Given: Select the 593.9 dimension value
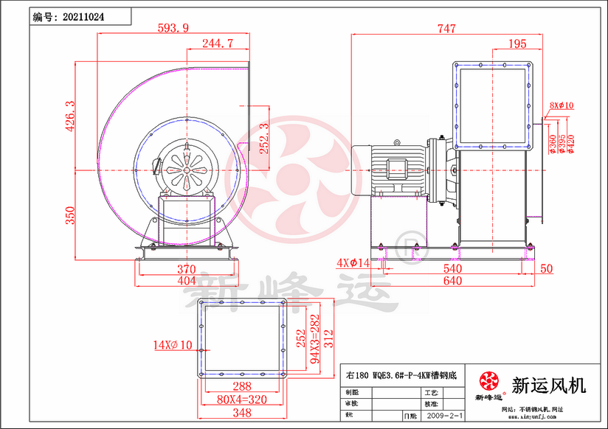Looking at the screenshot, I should tap(173, 28).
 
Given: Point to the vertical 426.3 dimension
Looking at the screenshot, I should tap(70, 115).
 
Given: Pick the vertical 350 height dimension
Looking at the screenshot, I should tap(70, 215).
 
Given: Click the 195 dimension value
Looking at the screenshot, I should tap(518, 43).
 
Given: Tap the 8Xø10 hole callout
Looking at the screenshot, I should tap(562, 105).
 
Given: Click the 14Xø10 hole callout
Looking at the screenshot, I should tap(172, 344).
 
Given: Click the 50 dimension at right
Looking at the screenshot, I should tap(546, 269).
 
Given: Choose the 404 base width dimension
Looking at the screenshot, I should tap(187, 281).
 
